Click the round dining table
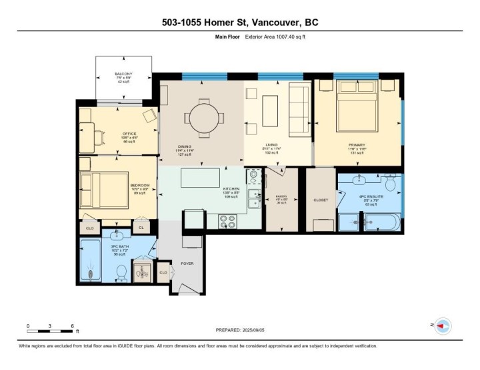(201, 116)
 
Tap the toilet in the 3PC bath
(121, 273)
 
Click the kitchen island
(201, 178)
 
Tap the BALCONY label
(123, 74)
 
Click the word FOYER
(187, 264)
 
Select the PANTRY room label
(281, 196)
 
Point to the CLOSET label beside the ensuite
(321, 200)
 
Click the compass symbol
(443, 325)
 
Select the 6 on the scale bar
(72, 326)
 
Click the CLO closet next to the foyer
(163, 272)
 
